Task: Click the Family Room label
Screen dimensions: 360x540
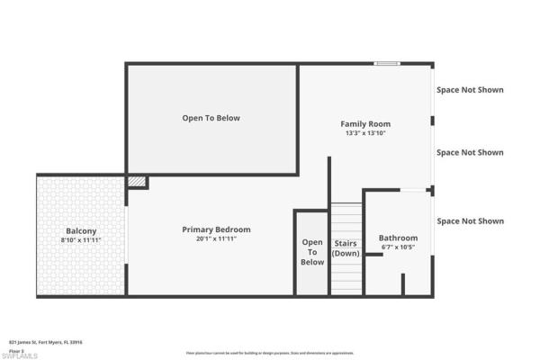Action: (x=365, y=123)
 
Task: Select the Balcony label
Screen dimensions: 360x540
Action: (x=82, y=229)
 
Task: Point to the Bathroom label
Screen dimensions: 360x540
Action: (x=398, y=238)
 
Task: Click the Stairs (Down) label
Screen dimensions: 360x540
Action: (x=346, y=248)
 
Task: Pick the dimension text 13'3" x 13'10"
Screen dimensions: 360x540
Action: (x=365, y=133)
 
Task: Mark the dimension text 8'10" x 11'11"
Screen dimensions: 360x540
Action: (x=82, y=239)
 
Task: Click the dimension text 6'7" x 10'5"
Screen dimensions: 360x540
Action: (x=398, y=247)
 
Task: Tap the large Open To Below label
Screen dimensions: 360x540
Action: (x=211, y=118)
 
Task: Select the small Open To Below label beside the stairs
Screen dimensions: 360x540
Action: (x=312, y=252)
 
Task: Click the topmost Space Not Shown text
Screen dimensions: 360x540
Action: (x=470, y=90)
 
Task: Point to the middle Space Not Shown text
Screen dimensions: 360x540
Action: (x=470, y=152)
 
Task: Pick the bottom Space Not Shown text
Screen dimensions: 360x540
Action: (x=470, y=220)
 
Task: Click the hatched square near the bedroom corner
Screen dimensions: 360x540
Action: (x=136, y=182)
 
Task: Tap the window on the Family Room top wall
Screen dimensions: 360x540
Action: (x=387, y=63)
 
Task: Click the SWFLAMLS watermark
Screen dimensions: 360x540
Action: (x=20, y=355)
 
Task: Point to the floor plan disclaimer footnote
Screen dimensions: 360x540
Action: (x=270, y=353)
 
